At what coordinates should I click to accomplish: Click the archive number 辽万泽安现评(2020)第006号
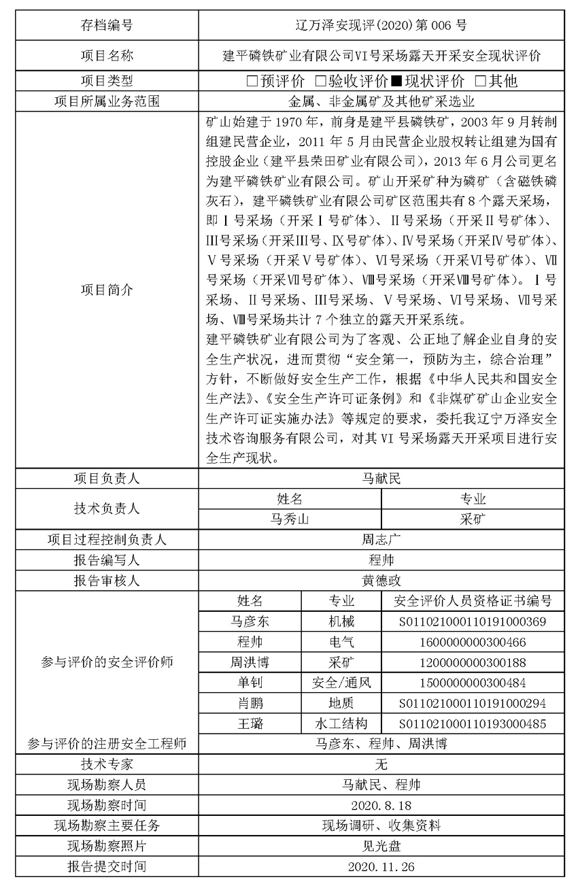click(x=381, y=26)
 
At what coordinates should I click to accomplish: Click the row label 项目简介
click(x=107, y=290)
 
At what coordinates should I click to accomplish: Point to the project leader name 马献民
click(x=381, y=479)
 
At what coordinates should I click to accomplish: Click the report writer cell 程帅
click(x=381, y=560)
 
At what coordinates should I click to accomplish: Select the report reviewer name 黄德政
click(x=381, y=581)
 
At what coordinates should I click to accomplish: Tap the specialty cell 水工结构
click(x=341, y=723)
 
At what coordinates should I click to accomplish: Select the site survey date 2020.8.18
click(x=381, y=805)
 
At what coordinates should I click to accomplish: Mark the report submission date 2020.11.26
click(x=381, y=866)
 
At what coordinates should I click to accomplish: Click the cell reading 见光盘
click(x=381, y=846)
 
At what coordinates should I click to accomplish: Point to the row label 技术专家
click(x=107, y=764)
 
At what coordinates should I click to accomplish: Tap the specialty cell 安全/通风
click(x=341, y=683)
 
